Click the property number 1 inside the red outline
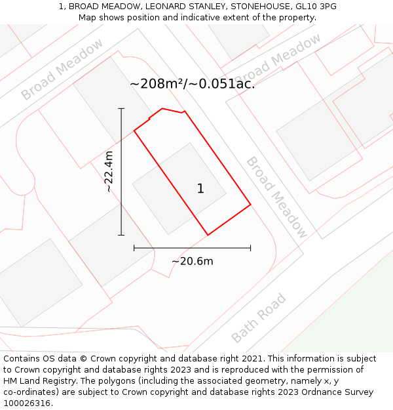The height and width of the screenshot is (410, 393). [200, 189]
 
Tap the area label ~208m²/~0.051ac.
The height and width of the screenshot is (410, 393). [193, 84]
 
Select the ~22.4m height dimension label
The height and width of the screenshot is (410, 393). [109, 171]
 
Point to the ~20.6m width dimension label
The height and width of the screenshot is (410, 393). [192, 261]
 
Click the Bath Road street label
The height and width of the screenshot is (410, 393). [259, 319]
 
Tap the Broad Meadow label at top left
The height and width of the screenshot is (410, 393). [62, 69]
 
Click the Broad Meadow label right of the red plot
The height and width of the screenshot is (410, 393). [276, 197]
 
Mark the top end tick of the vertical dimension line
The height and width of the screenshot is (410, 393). [121, 108]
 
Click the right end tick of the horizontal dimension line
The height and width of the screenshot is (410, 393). [250, 248]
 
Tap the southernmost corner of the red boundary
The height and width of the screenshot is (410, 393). [208, 235]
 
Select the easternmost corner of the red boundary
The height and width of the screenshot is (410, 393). [250, 205]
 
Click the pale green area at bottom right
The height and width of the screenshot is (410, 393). [354, 315]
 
